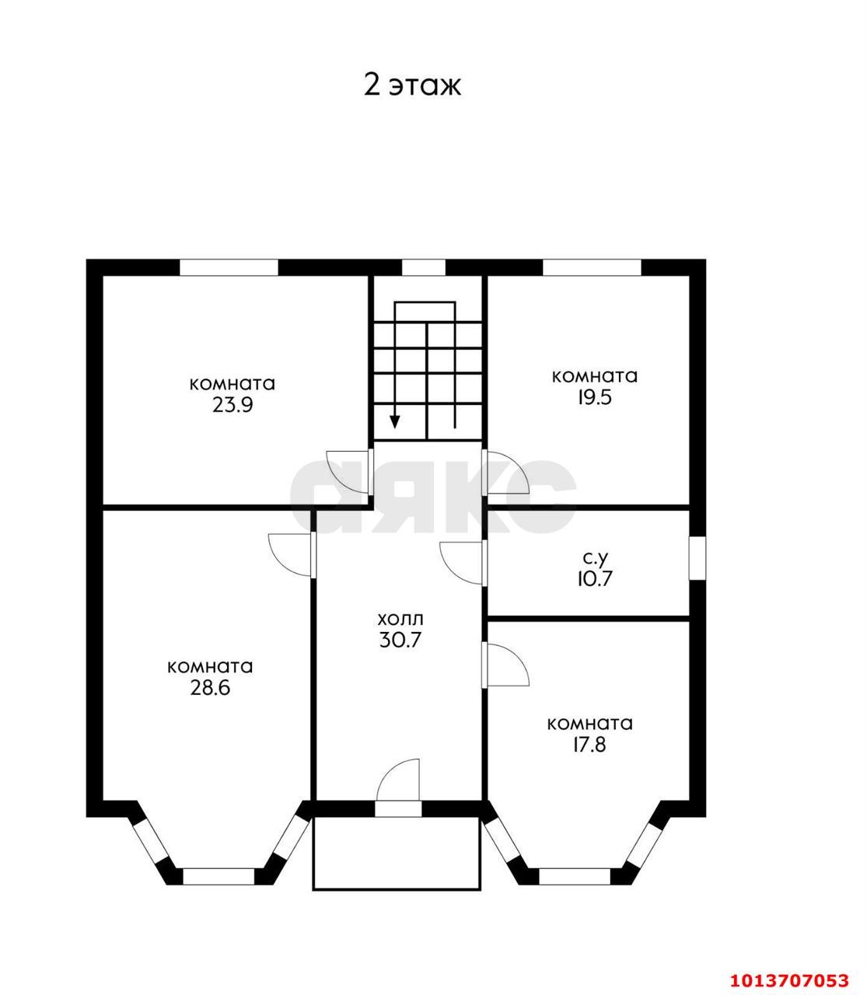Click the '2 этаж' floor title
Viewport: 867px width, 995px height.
[412, 86]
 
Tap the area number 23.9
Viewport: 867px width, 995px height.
[232, 405]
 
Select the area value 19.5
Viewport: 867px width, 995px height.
[594, 397]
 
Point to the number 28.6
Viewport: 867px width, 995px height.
[210, 688]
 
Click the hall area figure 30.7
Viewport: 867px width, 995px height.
[400, 640]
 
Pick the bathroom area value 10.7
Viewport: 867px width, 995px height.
[594, 578]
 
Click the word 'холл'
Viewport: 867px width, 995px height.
[400, 620]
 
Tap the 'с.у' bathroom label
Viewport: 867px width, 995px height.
[596, 559]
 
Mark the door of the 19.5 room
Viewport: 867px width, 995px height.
[505, 472]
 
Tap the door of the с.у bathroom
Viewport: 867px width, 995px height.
[463, 564]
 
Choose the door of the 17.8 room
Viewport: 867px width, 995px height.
[505, 665]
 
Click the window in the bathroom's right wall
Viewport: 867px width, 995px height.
[697, 558]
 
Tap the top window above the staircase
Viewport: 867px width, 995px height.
[424, 267]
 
